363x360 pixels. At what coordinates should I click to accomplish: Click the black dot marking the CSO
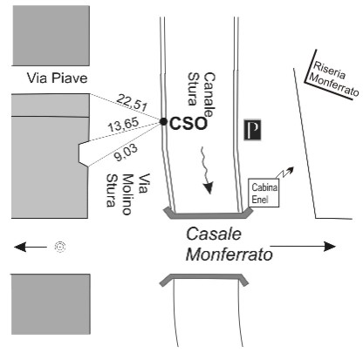(163, 122)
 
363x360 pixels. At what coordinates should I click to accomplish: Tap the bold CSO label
(188, 124)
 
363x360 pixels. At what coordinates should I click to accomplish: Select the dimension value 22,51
(133, 103)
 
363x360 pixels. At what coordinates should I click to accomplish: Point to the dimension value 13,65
(124, 125)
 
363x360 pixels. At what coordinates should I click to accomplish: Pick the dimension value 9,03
(126, 153)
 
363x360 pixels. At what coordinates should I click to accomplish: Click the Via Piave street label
(57, 78)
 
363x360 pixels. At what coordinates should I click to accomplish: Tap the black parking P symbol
(252, 130)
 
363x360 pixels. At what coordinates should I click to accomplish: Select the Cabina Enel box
(264, 193)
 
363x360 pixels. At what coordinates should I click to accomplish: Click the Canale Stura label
(202, 93)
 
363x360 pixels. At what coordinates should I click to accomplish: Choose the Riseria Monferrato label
(334, 78)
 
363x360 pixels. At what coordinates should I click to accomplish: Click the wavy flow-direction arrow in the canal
(207, 170)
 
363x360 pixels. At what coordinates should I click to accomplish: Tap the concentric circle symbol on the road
(60, 248)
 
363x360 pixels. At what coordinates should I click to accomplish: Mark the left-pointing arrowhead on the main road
(20, 248)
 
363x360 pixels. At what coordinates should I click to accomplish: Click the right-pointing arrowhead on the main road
(330, 247)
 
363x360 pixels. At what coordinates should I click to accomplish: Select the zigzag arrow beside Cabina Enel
(284, 173)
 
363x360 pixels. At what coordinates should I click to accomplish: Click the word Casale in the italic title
(214, 234)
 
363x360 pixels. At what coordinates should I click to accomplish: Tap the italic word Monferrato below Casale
(229, 255)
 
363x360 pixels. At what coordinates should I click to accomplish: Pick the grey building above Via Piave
(51, 36)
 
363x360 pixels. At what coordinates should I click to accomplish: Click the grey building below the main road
(51, 304)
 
